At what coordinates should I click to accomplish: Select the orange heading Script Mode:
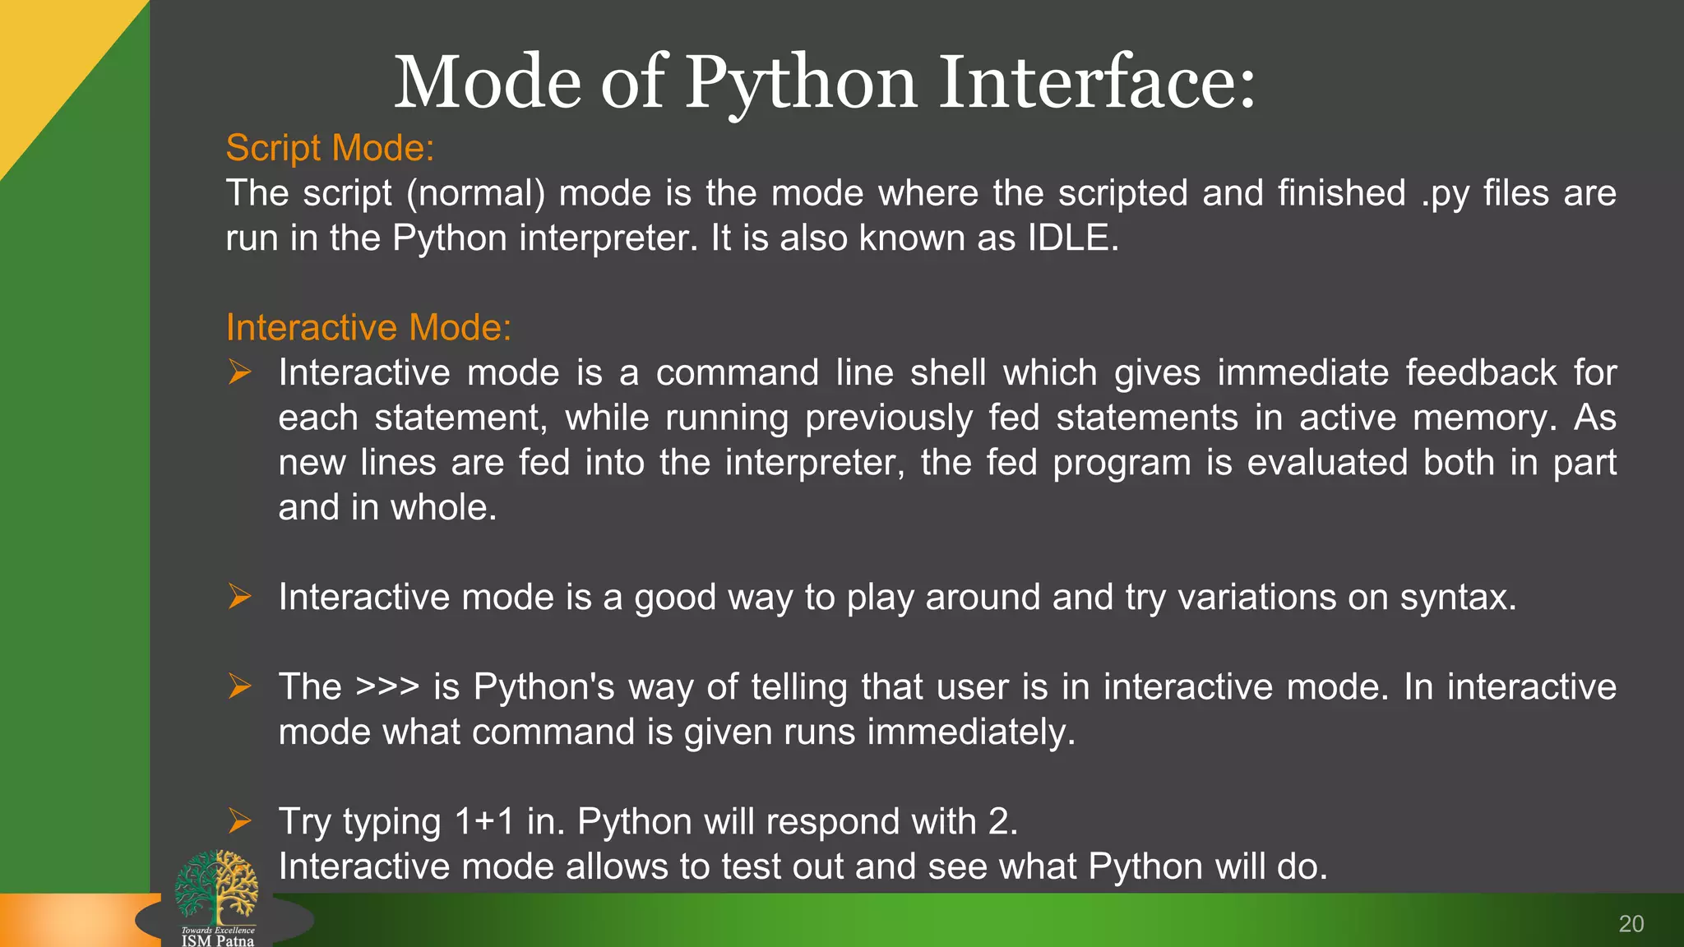[330, 148]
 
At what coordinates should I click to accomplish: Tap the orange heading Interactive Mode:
[368, 328]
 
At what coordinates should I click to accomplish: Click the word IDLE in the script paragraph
[1072, 238]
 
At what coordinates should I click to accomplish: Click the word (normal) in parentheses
[475, 194]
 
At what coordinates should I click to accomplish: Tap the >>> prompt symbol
[387, 686]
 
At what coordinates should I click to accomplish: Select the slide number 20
[1631, 924]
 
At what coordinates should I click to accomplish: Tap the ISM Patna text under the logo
[218, 940]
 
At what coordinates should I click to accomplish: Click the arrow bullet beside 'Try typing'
[239, 820]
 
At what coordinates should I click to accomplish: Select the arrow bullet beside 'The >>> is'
[239, 686]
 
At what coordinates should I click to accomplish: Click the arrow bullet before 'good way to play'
[239, 596]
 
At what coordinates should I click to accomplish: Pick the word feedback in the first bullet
[1480, 373]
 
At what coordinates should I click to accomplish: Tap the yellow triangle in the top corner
[49, 58]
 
